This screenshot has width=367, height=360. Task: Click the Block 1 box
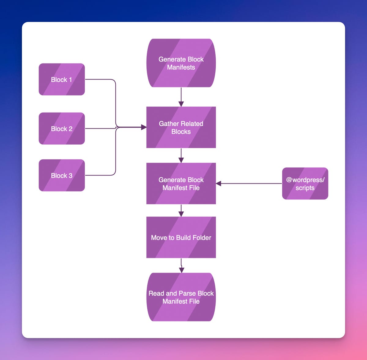[61, 80]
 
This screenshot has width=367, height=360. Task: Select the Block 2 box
[61, 128]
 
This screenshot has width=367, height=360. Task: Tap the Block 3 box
[61, 175]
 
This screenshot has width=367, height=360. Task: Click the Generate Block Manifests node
[181, 63]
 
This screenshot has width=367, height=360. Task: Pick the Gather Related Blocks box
[181, 127]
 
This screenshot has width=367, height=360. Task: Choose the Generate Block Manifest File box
[181, 184]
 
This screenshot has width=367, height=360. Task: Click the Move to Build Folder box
[181, 237]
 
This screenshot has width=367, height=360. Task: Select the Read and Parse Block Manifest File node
[181, 297]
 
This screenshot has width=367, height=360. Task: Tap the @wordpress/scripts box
[305, 184]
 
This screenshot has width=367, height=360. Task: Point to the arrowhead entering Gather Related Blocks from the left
[143, 127]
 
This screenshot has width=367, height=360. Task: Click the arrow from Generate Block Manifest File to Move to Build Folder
[181, 210]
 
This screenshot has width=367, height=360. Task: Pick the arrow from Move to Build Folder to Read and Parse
[181, 265]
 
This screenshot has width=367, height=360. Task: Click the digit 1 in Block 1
[70, 80]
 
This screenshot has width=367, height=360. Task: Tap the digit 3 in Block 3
[70, 176]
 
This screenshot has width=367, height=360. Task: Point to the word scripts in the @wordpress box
[305, 188]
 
